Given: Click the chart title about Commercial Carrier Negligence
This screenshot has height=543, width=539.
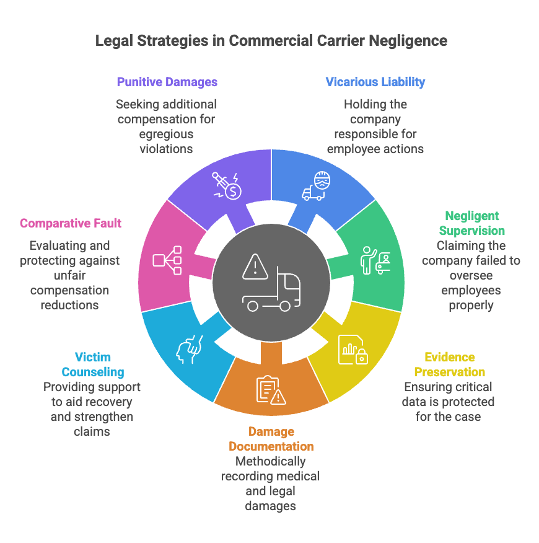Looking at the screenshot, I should [x=271, y=42].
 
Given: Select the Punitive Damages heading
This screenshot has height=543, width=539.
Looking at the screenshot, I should [x=167, y=82].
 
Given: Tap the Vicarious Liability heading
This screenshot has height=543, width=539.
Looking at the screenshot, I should [x=375, y=82].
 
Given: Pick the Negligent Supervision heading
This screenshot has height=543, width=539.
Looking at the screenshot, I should [x=471, y=223].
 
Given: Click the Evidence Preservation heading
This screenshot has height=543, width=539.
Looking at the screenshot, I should [x=449, y=364].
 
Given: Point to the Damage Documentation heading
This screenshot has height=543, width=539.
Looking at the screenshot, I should [x=271, y=439].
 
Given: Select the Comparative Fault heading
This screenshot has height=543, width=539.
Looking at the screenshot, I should [x=71, y=223].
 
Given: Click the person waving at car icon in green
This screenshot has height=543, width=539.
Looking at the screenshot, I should [x=375, y=260].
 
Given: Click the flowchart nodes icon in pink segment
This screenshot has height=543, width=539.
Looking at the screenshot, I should [x=167, y=260].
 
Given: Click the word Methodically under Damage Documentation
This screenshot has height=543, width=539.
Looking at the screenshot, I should [x=270, y=461].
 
